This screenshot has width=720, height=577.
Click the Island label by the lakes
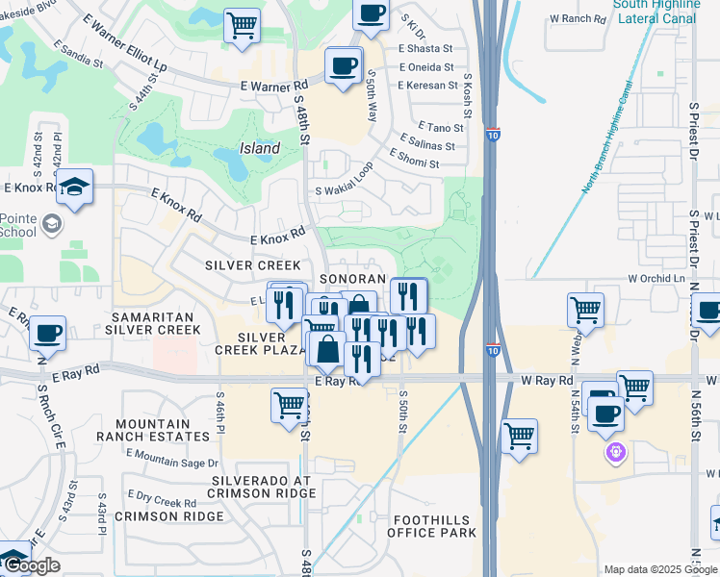(x=259, y=149)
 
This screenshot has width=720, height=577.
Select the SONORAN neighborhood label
(x=352, y=278)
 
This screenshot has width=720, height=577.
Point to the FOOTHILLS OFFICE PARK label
(x=433, y=526)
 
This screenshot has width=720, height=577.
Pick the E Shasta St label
(x=425, y=48)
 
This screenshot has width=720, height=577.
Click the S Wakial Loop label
(x=345, y=191)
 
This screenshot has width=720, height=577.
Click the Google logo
(x=32, y=565)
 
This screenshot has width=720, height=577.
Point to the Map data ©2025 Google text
(x=659, y=569)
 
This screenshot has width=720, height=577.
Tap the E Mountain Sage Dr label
(x=166, y=458)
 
